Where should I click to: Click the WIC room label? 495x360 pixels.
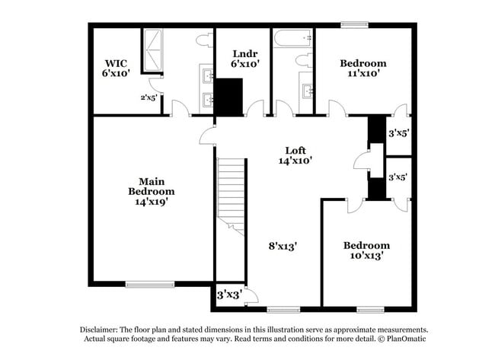(x=117, y=67)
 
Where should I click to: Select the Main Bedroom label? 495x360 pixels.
(x=152, y=191)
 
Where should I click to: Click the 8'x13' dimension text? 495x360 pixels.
(x=282, y=246)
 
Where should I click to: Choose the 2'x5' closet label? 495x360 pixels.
(x=148, y=97)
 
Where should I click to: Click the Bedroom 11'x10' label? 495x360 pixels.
(x=362, y=68)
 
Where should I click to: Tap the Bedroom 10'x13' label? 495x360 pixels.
(x=366, y=250)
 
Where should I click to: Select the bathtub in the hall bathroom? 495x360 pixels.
(x=293, y=37)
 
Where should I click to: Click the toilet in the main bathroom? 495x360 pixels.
(x=204, y=39)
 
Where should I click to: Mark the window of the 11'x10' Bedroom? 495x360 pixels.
(x=354, y=24)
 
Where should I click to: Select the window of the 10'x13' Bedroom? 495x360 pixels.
(x=369, y=309)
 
